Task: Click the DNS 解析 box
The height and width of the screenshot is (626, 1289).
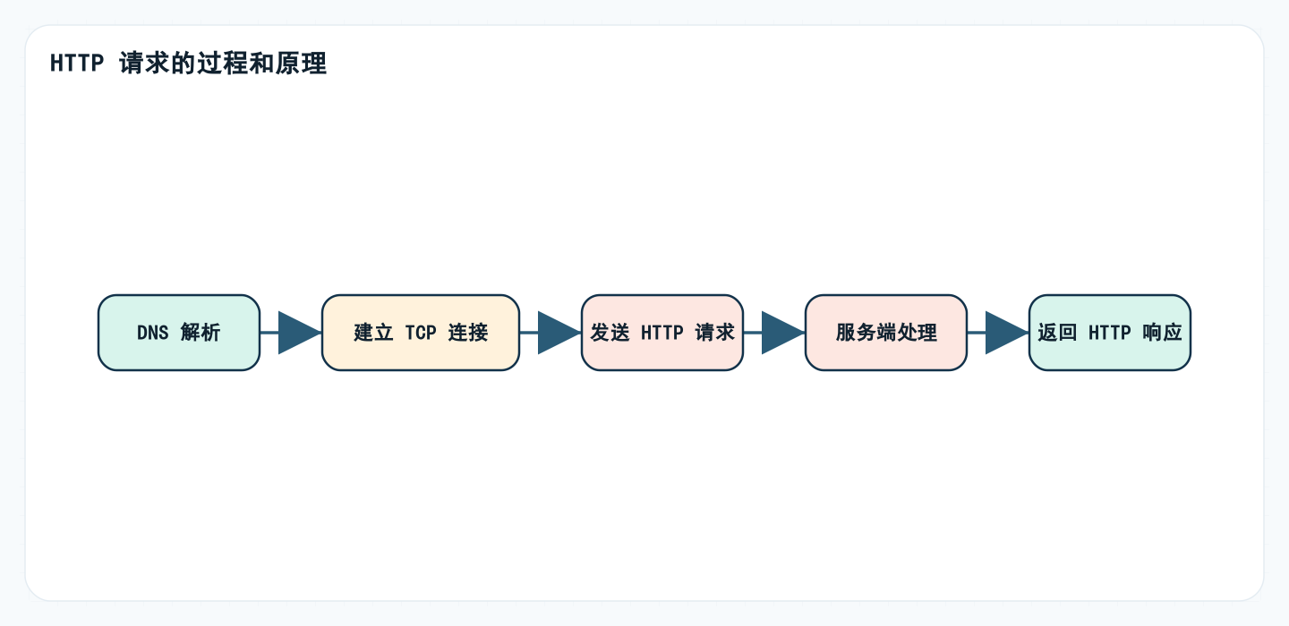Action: click(179, 333)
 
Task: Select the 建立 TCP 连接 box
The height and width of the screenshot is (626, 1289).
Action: click(421, 333)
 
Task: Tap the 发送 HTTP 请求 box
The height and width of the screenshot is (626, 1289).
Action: click(662, 333)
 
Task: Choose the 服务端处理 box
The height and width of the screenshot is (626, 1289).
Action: click(886, 333)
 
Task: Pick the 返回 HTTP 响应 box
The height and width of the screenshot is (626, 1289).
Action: click(1110, 333)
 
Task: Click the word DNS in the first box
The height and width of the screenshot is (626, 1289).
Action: click(152, 333)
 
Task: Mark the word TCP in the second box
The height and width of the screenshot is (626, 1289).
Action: click(421, 333)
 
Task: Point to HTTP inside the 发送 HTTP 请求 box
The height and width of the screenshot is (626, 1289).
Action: click(662, 333)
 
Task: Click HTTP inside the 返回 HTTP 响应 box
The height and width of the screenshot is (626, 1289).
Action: click(1110, 333)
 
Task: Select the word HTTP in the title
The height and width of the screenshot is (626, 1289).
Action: click(77, 64)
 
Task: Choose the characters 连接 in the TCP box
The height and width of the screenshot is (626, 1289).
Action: click(468, 333)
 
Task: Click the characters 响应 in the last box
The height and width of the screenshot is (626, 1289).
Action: click(1163, 333)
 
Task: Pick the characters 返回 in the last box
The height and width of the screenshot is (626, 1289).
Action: click(1057, 333)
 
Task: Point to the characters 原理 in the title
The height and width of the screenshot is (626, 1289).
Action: click(303, 64)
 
